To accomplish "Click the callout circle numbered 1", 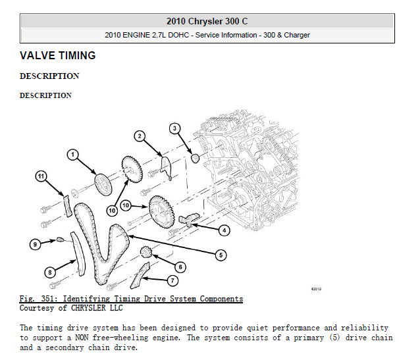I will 73,155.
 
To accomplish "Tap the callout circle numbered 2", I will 140,136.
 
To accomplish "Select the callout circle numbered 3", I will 175,128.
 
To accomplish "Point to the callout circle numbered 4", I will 224,230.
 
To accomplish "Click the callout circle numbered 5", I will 221,255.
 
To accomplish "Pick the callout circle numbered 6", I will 180,267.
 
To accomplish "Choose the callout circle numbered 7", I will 173,280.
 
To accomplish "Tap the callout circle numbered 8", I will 49,272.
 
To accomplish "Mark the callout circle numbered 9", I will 35,244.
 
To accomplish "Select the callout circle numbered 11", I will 41,176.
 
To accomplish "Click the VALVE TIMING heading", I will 58,56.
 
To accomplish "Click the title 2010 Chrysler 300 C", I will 207,21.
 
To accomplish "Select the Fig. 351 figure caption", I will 131,299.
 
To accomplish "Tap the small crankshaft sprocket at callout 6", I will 147,251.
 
